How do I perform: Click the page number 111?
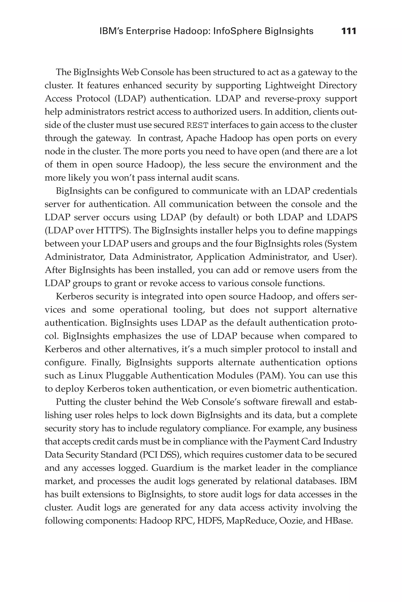tap(349, 31)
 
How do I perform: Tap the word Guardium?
tap(172, 468)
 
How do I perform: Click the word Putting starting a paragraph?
tap(70, 402)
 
